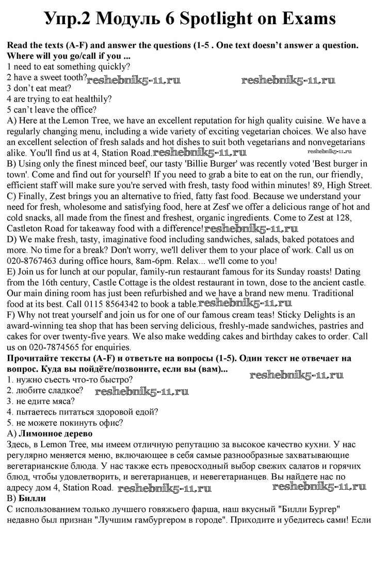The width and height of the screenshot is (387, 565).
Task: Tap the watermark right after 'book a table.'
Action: coord(245,304)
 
